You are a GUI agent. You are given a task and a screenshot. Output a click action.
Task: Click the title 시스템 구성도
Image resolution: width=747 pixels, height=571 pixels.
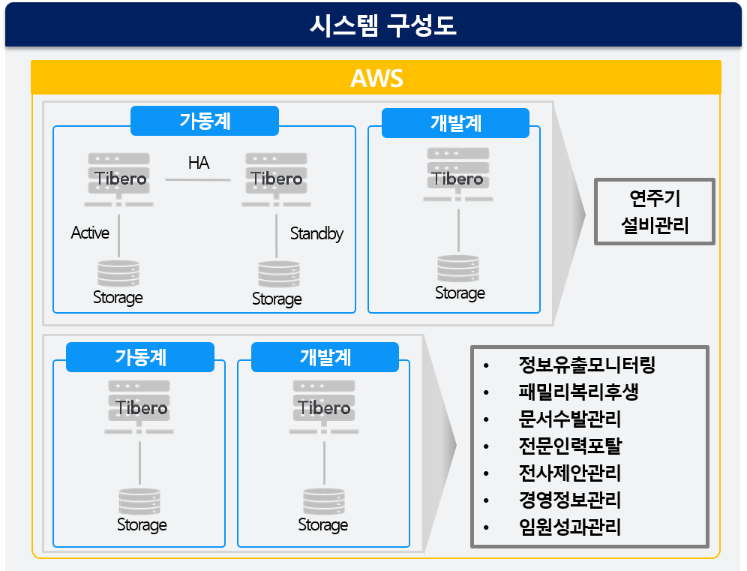tap(382, 26)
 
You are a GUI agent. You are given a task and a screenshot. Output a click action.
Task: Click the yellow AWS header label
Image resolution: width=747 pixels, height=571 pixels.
tap(376, 78)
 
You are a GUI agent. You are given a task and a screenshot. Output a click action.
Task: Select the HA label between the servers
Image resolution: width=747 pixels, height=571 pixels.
tap(199, 163)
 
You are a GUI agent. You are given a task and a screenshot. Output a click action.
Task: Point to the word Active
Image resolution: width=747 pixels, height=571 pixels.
tap(90, 233)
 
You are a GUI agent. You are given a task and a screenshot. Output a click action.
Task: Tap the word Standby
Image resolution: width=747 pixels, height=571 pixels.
tap(316, 233)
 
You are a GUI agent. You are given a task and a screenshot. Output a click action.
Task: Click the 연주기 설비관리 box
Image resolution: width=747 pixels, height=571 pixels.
tap(654, 212)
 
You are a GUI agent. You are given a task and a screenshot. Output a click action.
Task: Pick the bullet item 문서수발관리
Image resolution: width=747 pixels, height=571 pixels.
tap(569, 419)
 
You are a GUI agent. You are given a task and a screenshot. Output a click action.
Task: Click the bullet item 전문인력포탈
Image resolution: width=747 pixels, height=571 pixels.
tap(569, 446)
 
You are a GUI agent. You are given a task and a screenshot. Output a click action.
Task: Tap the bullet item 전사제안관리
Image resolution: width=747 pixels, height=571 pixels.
tap(569, 473)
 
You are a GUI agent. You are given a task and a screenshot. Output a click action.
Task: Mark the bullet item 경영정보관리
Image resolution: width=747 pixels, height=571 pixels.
tap(569, 500)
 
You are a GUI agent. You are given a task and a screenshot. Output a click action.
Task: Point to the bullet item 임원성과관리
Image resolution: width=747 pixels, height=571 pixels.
tap(569, 527)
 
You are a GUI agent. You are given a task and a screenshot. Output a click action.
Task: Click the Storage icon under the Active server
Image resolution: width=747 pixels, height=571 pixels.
tap(118, 274)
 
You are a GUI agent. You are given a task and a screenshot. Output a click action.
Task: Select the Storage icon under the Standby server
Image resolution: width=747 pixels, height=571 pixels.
tap(278, 275)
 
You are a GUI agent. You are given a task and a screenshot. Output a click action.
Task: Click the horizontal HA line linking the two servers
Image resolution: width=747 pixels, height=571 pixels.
tap(198, 180)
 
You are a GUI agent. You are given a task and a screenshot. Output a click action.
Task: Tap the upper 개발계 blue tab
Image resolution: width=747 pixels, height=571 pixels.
tap(455, 123)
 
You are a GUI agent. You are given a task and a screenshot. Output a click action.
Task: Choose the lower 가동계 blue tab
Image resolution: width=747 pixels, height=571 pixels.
tap(140, 357)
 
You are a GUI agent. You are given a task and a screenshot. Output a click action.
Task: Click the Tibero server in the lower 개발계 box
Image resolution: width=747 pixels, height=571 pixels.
tap(324, 407)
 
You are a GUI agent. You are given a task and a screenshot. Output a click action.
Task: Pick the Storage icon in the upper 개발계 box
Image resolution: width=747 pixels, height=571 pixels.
tap(458, 269)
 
